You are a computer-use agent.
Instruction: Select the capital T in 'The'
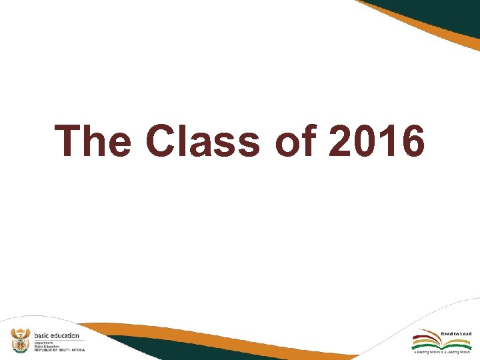(69, 141)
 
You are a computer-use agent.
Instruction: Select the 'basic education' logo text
(57, 335)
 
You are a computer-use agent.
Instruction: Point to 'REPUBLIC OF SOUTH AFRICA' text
(59, 350)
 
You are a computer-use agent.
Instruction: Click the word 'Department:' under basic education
(43, 342)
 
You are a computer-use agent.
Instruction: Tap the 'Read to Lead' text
(456, 333)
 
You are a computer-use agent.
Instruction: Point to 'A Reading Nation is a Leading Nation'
(442, 351)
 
